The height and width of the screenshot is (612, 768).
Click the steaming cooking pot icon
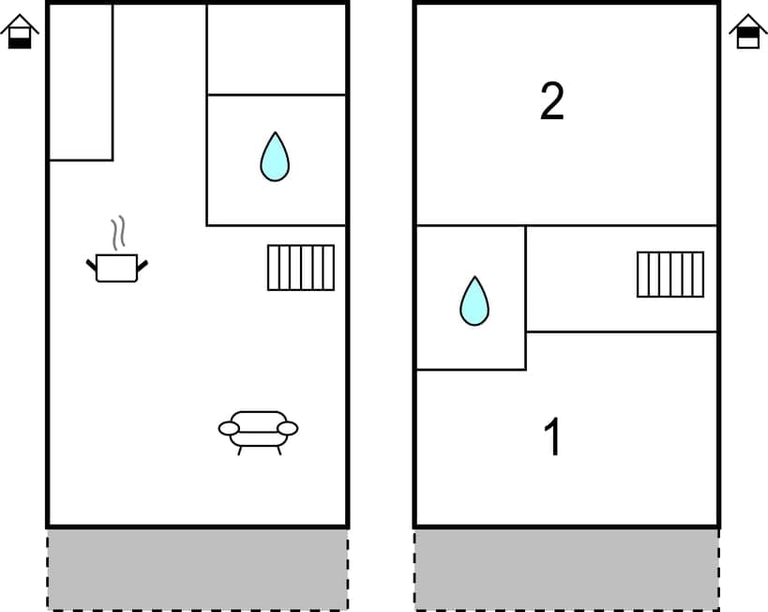[x=117, y=267]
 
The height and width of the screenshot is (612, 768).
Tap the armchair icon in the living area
[x=258, y=431]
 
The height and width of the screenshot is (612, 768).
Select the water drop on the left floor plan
[x=275, y=157]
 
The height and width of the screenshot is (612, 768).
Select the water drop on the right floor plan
[x=474, y=301]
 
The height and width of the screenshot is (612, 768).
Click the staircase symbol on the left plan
[x=301, y=268]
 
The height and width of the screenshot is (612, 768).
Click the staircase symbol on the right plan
[x=670, y=274]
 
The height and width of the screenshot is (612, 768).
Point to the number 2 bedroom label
[x=552, y=101]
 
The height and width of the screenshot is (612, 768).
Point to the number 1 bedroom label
[x=553, y=437]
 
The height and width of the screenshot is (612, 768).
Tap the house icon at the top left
[x=20, y=32]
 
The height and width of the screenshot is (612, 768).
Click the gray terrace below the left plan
[x=197, y=569]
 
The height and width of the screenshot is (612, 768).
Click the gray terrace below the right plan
[x=566, y=569]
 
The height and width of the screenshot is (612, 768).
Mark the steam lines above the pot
[x=117, y=233]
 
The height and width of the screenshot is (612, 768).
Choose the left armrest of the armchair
[x=229, y=429]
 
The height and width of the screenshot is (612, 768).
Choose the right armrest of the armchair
[x=288, y=429]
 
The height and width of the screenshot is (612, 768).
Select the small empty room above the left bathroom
[x=277, y=49]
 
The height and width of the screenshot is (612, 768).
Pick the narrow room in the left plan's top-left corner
[x=81, y=83]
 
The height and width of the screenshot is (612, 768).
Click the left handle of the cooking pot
[x=92, y=267]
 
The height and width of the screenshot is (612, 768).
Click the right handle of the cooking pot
[x=143, y=267]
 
